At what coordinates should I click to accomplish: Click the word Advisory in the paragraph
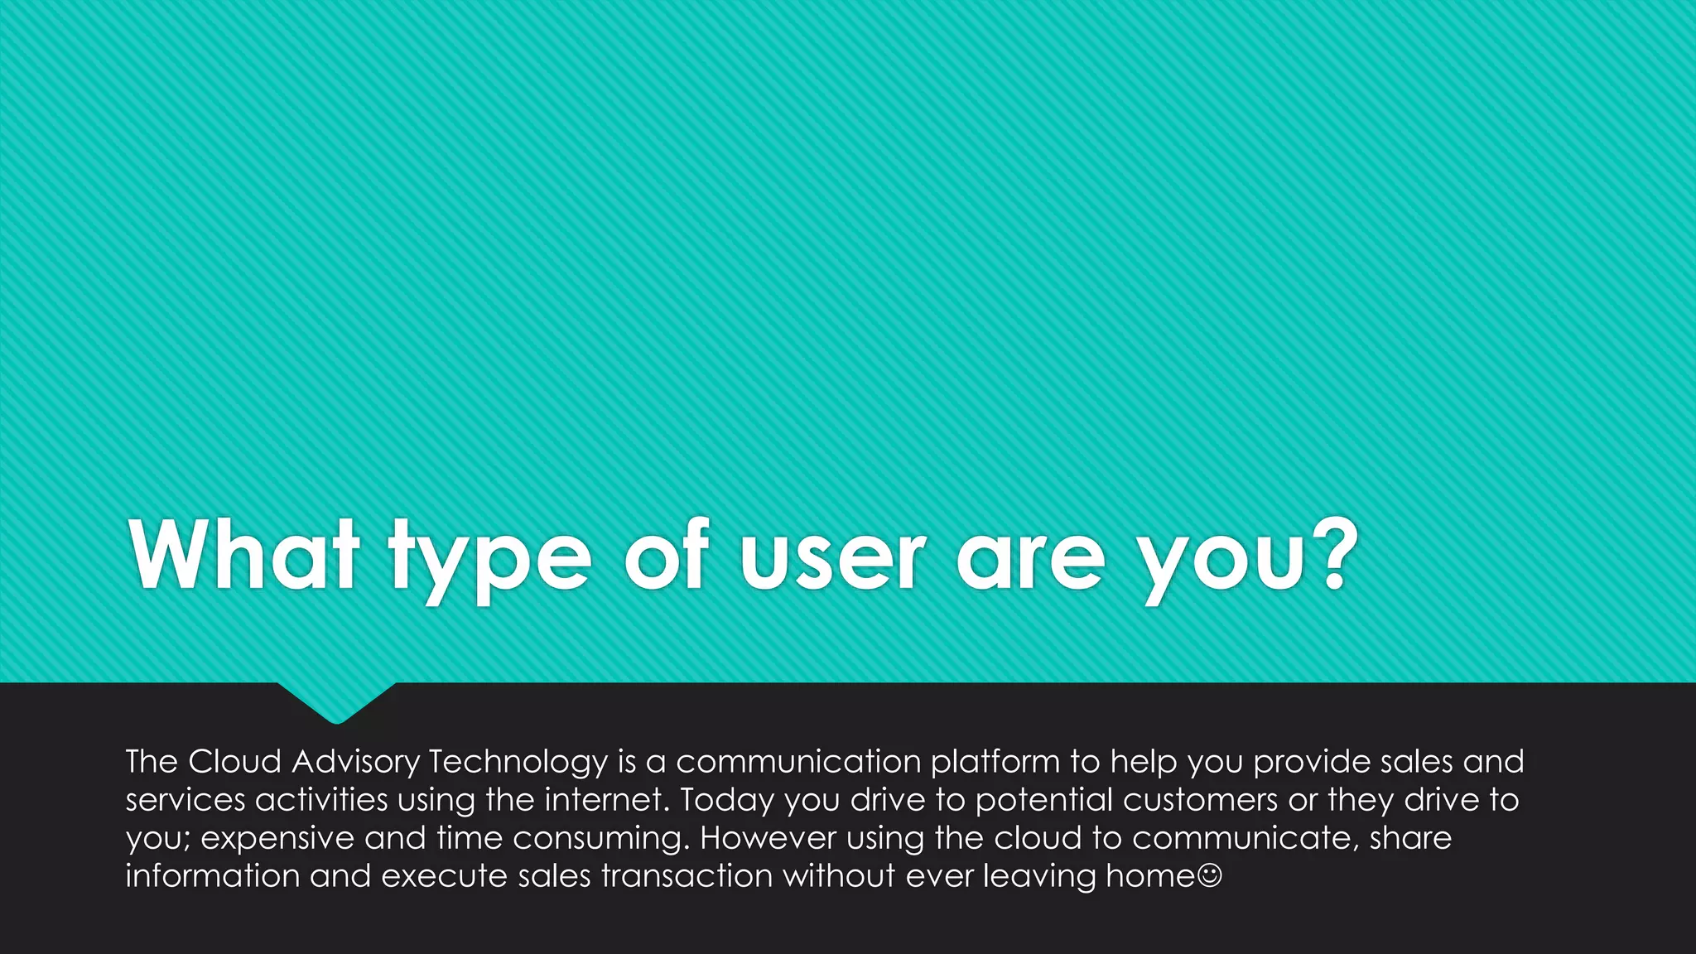[x=355, y=762]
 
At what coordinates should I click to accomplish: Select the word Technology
[x=518, y=762]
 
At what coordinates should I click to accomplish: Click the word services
[x=185, y=800]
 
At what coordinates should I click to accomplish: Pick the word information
[x=212, y=876]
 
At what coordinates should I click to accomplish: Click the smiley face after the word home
[x=1209, y=875]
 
